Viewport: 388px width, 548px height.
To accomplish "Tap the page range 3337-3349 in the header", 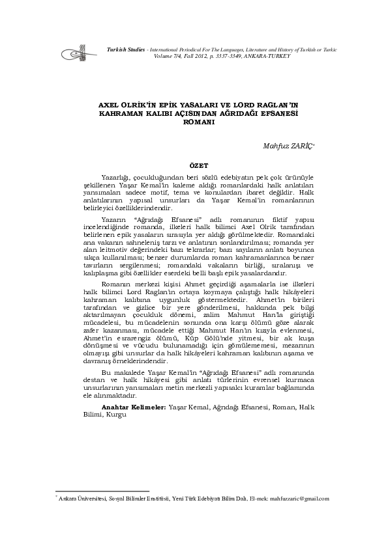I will pos(229,55).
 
